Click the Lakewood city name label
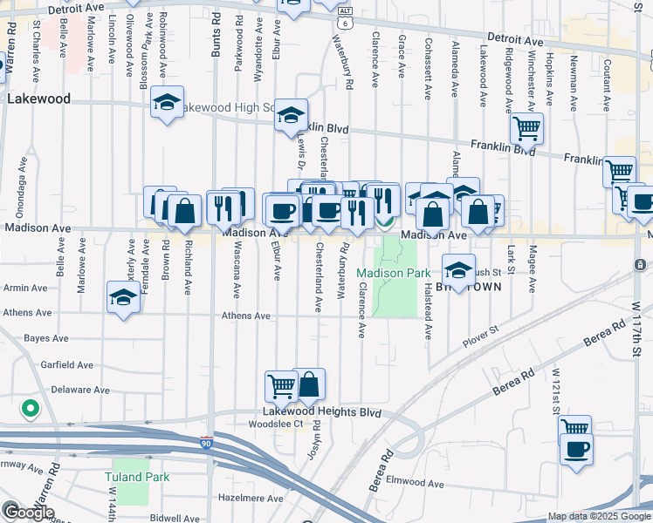pos(38,99)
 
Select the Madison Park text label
pos(394,273)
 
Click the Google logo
pos(28,513)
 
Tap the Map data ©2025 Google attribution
pos(599,517)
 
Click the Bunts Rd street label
pos(215,40)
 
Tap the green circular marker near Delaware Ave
pos(30,407)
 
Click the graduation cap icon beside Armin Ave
pos(123,298)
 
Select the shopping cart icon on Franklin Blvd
pos(526,129)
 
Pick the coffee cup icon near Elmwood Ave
pos(576,450)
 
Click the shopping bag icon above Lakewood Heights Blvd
pos(309,384)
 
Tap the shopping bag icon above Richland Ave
pos(185,210)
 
